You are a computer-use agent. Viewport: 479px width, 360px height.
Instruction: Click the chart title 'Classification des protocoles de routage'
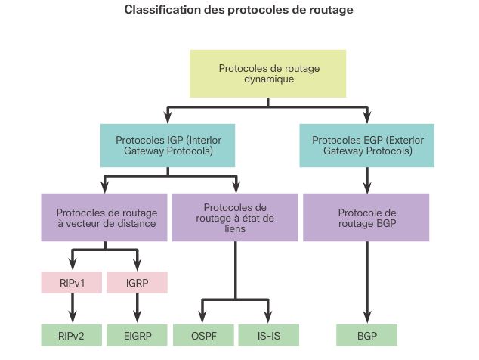239,11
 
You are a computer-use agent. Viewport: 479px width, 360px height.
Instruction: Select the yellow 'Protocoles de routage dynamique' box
268,73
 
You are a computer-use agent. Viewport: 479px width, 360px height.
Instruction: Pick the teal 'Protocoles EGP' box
366,146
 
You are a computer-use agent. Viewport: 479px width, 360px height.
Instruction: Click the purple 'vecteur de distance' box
104,217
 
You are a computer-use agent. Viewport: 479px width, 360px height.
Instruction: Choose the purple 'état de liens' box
235,217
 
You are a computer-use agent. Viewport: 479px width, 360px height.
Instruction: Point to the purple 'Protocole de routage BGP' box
366,217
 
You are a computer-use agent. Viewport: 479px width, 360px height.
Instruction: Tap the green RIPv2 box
72,334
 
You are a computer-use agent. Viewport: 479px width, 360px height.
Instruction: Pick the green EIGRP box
137,334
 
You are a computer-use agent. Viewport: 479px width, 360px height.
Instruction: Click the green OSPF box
202,334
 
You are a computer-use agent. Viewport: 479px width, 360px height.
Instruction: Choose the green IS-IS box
268,334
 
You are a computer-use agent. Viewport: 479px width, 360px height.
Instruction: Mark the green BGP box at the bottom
366,334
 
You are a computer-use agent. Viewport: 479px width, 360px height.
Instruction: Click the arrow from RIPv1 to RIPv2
72,307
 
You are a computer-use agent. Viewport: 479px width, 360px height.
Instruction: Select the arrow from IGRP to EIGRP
137,307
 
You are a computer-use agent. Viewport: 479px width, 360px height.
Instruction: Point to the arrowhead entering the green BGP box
366,318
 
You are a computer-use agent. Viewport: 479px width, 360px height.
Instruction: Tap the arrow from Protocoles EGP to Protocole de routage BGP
366,180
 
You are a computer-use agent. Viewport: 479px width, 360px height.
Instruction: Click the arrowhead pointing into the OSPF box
202,318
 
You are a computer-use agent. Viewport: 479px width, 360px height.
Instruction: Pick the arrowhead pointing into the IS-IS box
268,318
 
